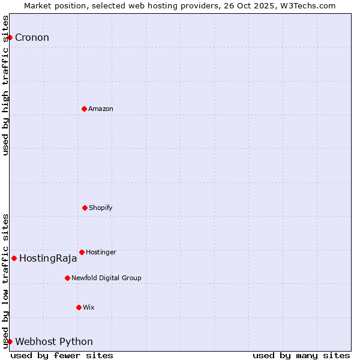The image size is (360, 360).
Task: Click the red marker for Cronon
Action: tap(10, 37)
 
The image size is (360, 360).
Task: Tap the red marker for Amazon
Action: tap(84, 109)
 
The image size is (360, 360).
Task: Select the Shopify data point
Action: tap(85, 208)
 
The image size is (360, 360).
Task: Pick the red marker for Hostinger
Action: tap(82, 252)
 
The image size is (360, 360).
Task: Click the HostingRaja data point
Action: tap(14, 258)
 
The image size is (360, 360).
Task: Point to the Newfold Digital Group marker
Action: tap(67, 278)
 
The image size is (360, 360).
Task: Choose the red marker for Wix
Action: tap(79, 307)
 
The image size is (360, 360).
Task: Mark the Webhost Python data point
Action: tap(10, 341)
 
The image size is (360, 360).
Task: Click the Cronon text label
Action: tap(32, 38)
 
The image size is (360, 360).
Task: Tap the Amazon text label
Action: tap(101, 109)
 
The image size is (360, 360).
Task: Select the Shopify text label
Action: tap(101, 208)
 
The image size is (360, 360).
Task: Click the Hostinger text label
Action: tap(101, 252)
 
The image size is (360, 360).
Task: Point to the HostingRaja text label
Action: tap(48, 259)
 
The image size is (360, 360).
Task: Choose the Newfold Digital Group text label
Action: tap(106, 278)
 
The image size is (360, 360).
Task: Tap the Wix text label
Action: tap(89, 307)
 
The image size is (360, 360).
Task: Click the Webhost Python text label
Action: tap(54, 342)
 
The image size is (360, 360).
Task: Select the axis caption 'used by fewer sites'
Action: tap(62, 355)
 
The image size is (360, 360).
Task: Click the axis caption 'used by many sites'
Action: tap(301, 355)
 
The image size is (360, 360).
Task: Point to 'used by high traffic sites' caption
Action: tap(5, 85)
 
